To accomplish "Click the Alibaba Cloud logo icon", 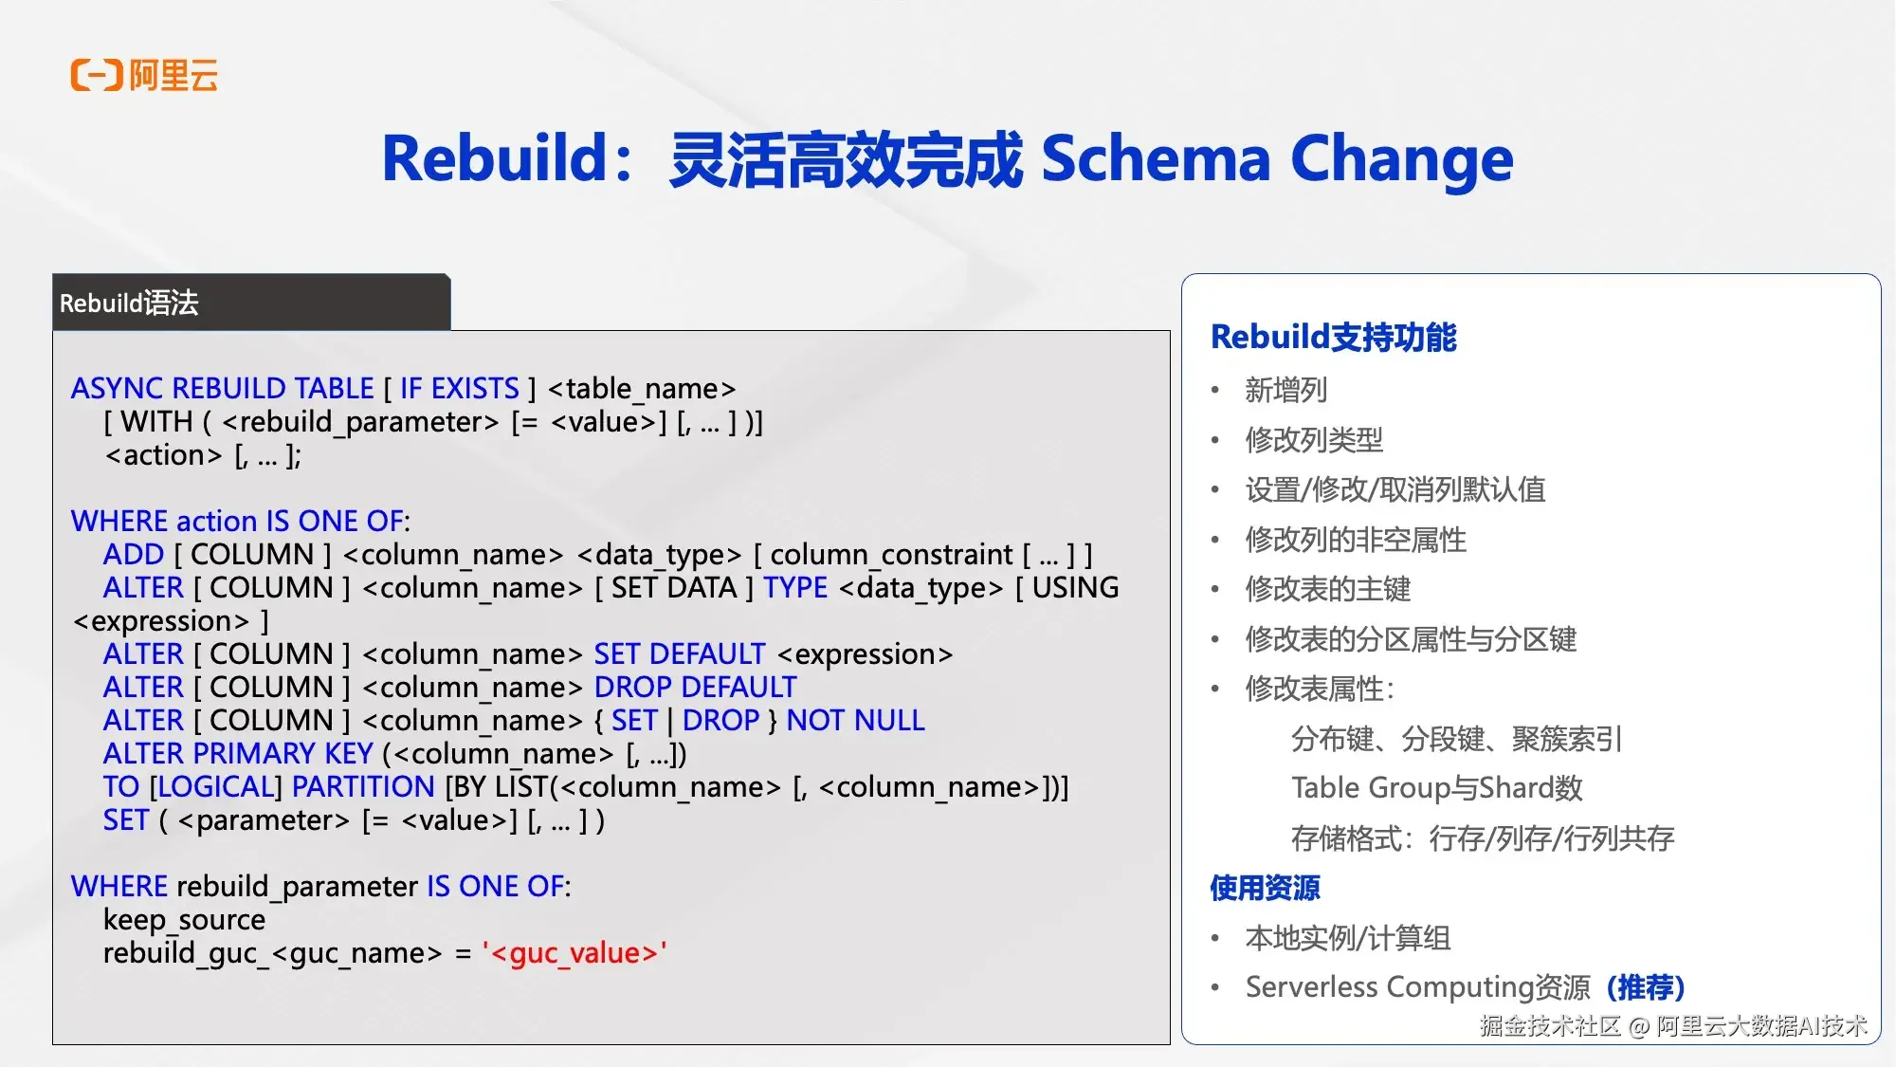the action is click(x=97, y=75).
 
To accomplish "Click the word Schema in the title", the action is click(x=1155, y=158).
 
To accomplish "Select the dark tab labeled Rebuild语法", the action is click(x=251, y=303).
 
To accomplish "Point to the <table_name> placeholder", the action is click(x=642, y=389).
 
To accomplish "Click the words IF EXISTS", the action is click(x=459, y=389).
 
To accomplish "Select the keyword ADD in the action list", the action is click(x=134, y=555).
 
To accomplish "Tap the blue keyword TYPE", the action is click(x=795, y=588).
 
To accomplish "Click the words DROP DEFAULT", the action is click(x=695, y=688).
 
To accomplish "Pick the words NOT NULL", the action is click(x=855, y=721).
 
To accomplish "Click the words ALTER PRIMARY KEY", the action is click(x=238, y=754).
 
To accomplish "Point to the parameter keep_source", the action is click(x=184, y=920).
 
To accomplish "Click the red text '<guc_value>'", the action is click(x=574, y=953).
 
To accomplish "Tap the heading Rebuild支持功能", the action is click(x=1333, y=338).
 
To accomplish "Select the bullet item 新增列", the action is click(x=1285, y=390).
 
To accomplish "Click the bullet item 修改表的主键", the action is click(x=1327, y=589).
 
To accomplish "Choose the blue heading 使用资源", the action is click(x=1265, y=888).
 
